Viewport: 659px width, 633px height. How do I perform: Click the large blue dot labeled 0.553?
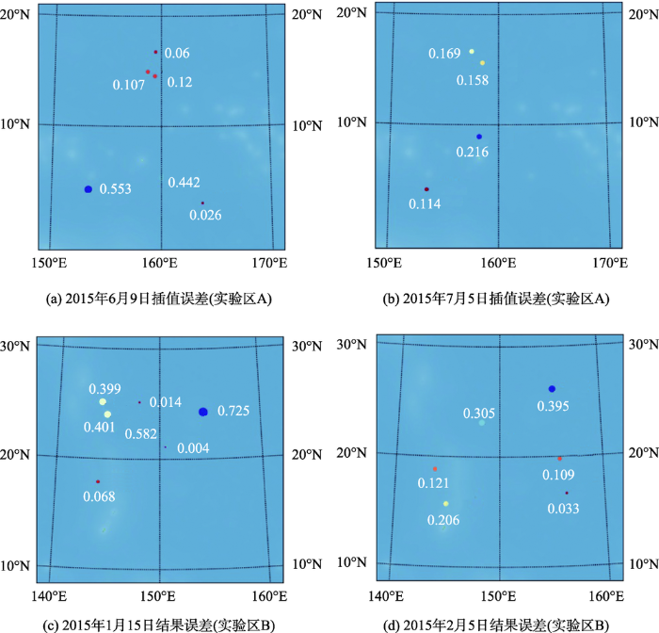click(88, 189)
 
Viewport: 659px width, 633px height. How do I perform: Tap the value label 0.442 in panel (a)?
click(185, 182)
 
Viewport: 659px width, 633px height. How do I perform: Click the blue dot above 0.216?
click(478, 137)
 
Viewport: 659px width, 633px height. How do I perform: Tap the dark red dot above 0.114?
click(426, 189)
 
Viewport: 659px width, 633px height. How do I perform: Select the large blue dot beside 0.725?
click(203, 412)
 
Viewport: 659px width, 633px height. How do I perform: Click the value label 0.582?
click(141, 433)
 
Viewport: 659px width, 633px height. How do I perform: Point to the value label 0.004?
click(194, 447)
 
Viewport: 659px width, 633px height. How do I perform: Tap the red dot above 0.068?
click(97, 481)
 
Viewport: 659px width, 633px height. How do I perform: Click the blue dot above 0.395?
click(552, 389)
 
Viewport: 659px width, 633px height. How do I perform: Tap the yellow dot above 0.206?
click(446, 504)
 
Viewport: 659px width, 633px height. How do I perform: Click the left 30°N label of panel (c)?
click(19, 347)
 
